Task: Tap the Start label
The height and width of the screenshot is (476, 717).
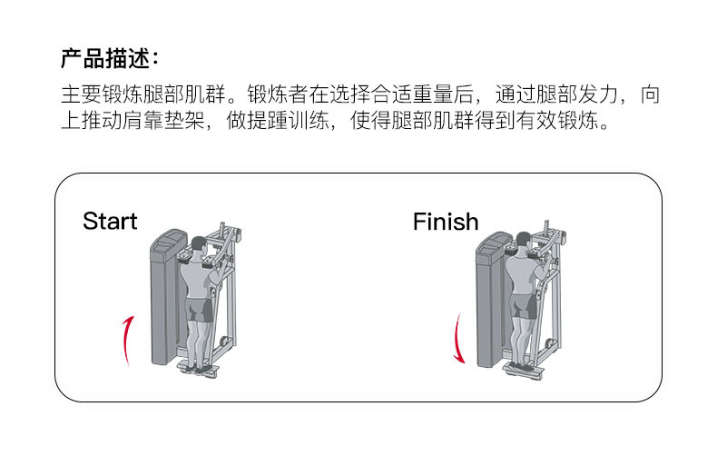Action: [x=110, y=221]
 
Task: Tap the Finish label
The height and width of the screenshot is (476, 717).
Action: [x=445, y=221]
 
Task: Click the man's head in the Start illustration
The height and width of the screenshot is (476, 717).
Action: [x=199, y=245]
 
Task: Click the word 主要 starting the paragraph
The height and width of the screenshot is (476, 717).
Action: [x=79, y=94]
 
